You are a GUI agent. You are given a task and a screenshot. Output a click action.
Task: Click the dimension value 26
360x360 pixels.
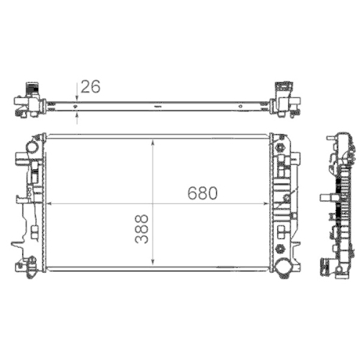[x=91, y=86]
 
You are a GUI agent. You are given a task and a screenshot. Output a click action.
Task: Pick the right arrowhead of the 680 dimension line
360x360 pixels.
[x=267, y=204]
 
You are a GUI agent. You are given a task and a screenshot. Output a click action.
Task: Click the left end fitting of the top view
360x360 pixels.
[x=29, y=101]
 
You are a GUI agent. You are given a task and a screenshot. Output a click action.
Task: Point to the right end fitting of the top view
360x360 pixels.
[x=286, y=101]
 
